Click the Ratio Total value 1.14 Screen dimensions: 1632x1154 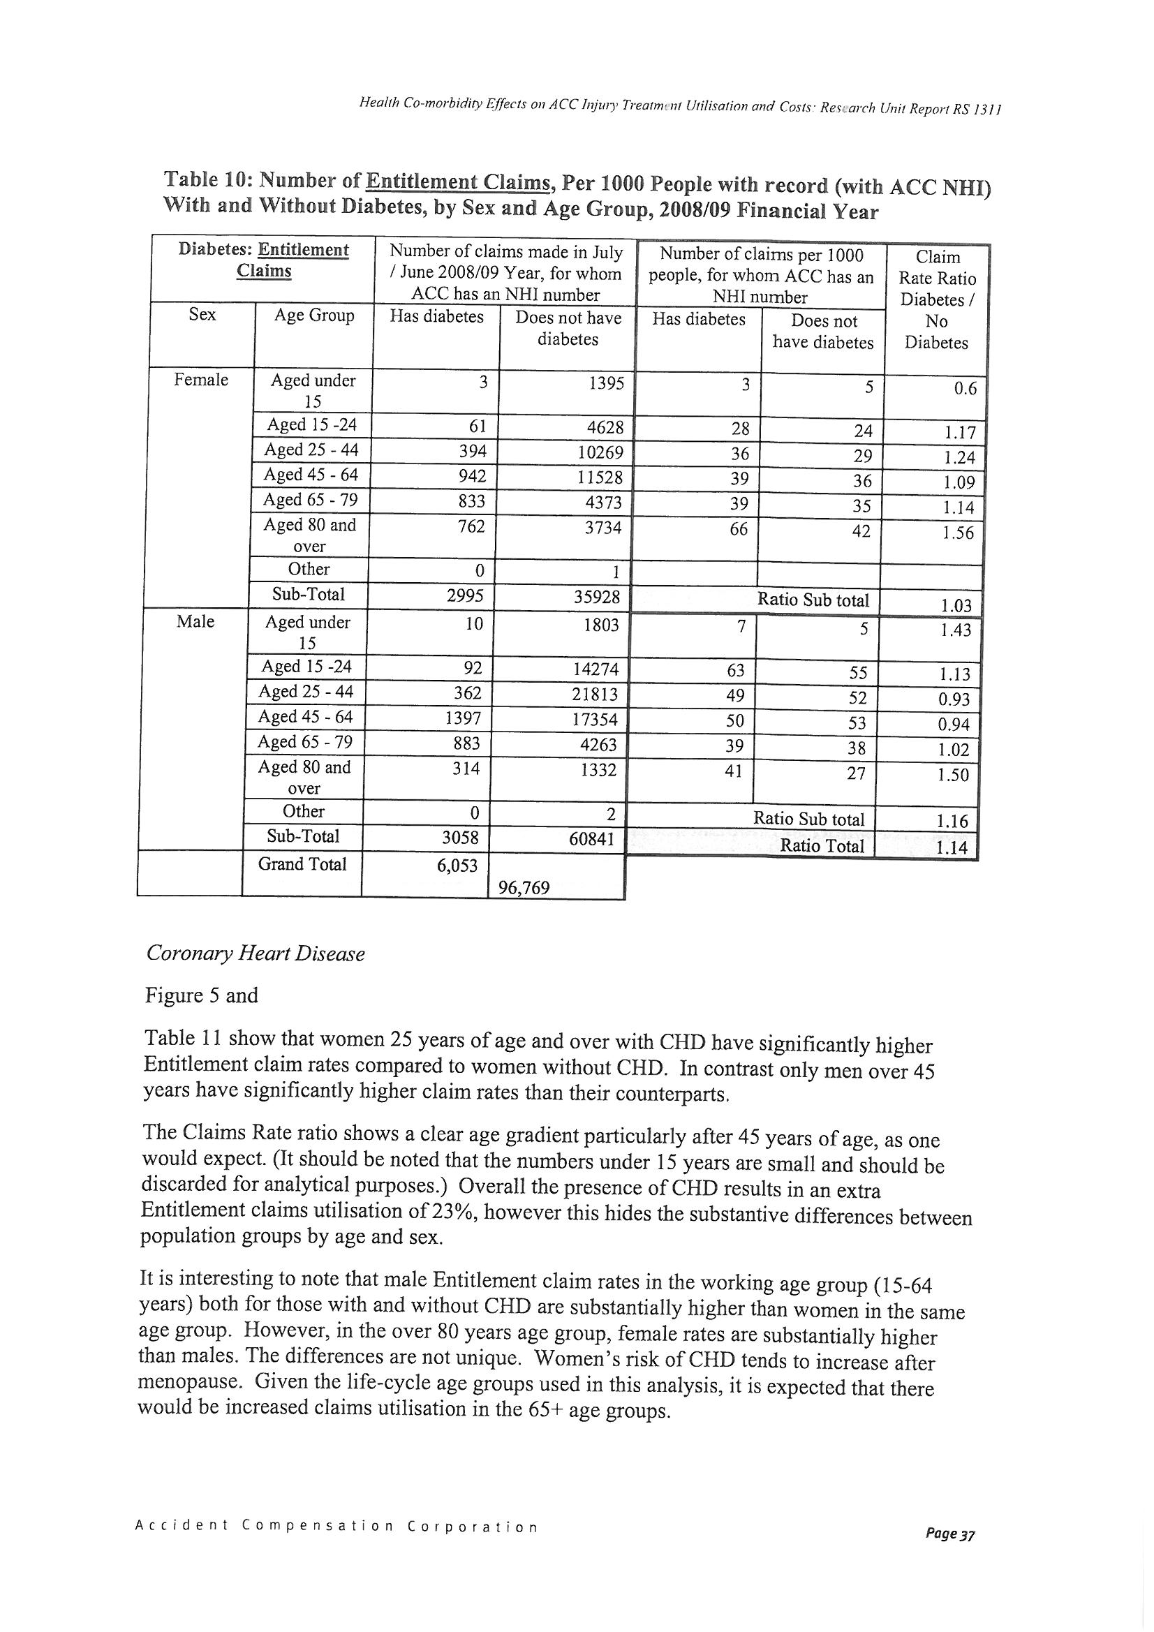coord(952,847)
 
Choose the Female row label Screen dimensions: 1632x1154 coord(201,380)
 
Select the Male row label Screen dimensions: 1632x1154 coord(195,622)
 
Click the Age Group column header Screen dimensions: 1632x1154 coord(314,316)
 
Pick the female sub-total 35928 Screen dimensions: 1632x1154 coord(598,597)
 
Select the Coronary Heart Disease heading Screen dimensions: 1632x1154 coord(256,954)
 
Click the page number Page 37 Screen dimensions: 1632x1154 coord(950,1555)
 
